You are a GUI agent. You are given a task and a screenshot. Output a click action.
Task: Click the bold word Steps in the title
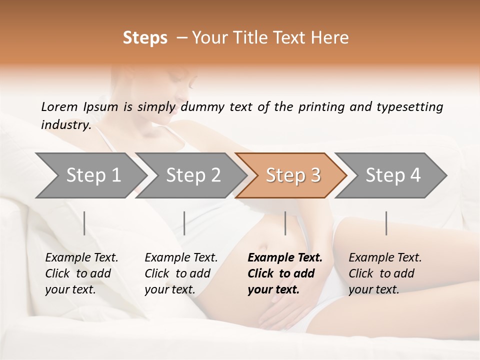tap(145, 38)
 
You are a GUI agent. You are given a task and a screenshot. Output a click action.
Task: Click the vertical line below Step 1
tap(84, 223)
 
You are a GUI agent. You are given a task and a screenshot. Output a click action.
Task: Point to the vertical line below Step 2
tap(184, 223)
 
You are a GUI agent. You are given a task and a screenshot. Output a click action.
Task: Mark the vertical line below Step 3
tap(285, 223)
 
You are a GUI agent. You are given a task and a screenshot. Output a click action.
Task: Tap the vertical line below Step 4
tap(386, 223)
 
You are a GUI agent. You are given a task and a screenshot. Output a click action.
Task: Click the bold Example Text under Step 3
tap(285, 258)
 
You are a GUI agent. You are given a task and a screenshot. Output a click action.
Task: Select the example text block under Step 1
tap(81, 273)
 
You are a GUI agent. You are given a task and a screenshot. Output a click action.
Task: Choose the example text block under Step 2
tap(181, 273)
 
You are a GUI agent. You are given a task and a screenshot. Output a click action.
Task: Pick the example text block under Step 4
tap(385, 273)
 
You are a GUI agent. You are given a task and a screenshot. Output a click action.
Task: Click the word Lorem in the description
tap(59, 107)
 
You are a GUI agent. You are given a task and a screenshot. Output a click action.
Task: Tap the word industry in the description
tap(66, 125)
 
